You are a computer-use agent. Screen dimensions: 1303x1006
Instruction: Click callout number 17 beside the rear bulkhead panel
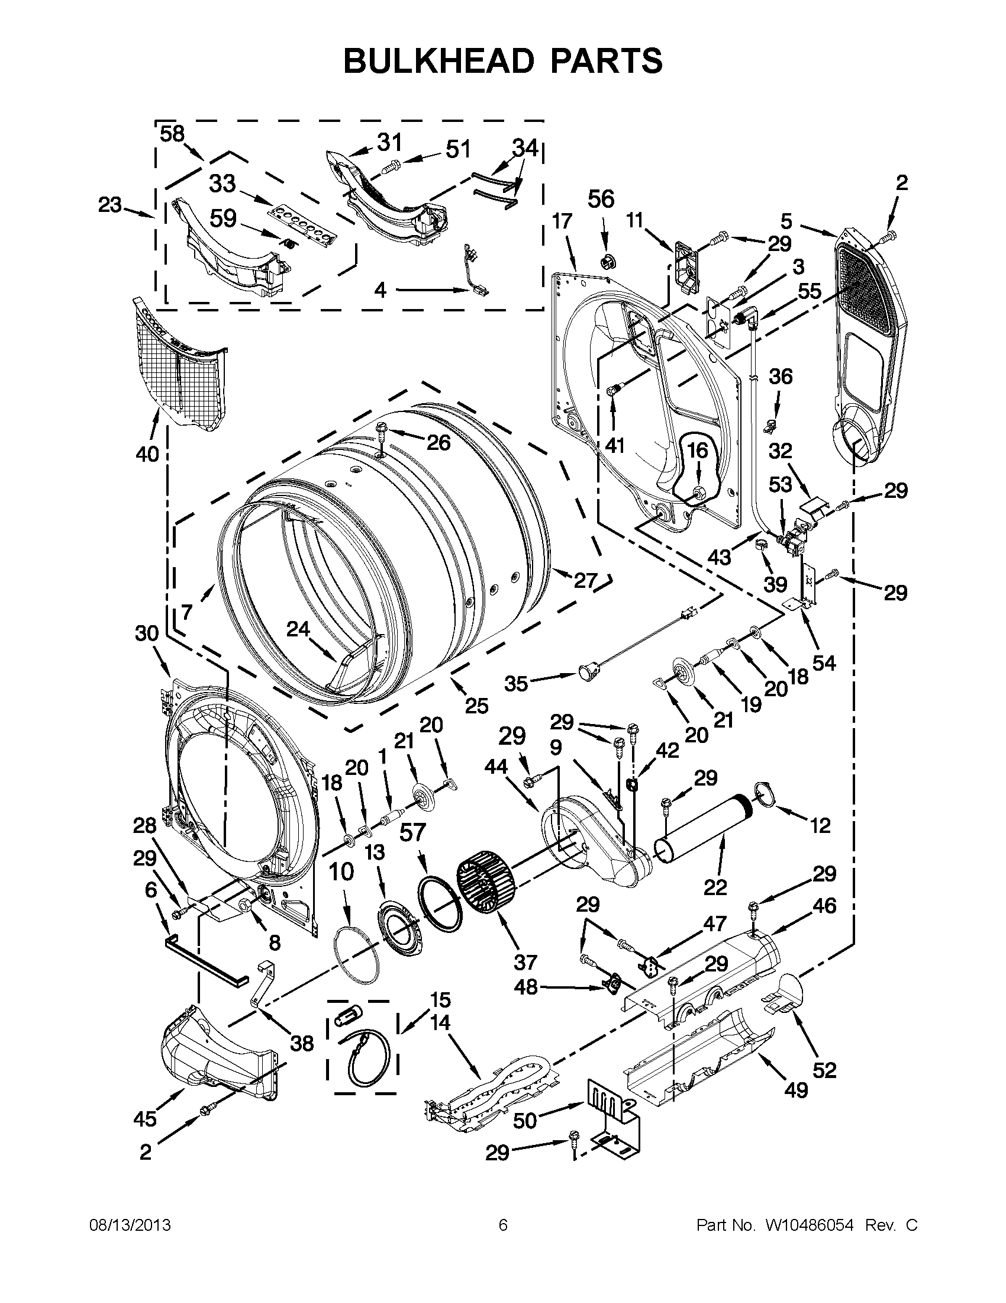(562, 221)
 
